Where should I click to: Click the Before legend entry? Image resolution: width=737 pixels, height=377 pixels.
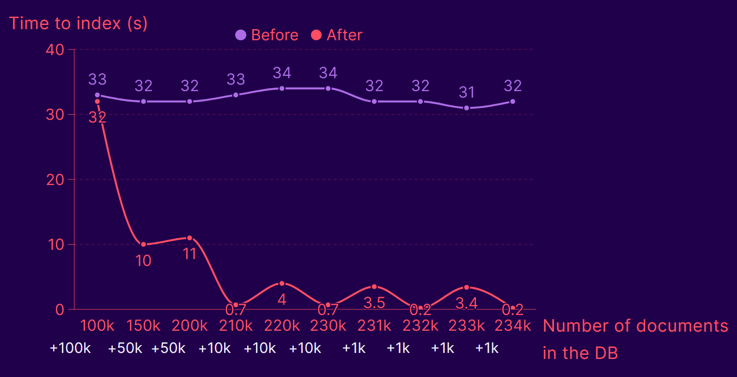(267, 35)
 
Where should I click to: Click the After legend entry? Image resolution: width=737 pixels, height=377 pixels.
(337, 35)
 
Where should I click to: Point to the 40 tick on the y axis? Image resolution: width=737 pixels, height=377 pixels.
(55, 49)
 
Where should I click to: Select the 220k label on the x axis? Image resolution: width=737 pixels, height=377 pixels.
(282, 326)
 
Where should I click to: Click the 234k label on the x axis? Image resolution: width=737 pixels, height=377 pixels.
(512, 326)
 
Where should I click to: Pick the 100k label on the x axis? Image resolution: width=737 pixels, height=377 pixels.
(97, 326)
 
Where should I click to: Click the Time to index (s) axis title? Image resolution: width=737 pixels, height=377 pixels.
(79, 23)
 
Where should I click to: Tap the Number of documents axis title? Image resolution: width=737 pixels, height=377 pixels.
(635, 326)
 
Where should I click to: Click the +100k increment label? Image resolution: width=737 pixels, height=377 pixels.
(70, 348)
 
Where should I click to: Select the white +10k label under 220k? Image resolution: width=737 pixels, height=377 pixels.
(260, 348)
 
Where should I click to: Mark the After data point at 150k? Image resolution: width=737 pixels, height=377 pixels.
(143, 244)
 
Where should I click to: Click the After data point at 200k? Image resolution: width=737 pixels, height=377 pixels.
(189, 238)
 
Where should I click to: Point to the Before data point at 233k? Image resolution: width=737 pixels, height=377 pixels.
(466, 108)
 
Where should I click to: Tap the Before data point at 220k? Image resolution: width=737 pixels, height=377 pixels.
(282, 88)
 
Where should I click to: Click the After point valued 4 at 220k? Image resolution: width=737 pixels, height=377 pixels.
(282, 284)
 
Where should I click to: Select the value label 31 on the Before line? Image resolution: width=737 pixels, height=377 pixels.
(467, 93)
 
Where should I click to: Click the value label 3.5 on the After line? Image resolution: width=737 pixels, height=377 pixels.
(374, 303)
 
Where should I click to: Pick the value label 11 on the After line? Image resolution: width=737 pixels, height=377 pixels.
(189, 254)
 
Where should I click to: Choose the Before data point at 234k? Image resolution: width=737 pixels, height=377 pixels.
(512, 101)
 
